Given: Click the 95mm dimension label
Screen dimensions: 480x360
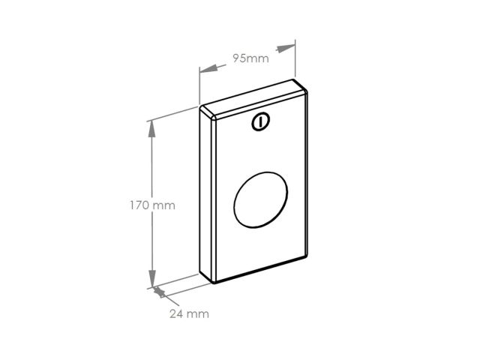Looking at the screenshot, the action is [250, 58].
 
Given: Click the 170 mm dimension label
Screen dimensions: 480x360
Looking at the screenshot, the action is [152, 205].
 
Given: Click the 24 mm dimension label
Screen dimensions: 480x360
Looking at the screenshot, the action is [189, 313].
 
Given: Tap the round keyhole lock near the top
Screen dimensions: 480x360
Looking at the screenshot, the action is [261, 121].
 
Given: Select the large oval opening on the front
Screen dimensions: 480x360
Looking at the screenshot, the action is [260, 200].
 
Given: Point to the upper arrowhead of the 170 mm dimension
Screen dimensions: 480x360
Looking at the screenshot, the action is [151, 128].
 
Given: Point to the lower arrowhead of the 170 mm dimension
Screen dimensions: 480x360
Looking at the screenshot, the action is [152, 278].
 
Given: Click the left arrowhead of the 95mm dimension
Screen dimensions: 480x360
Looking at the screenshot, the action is [208, 69].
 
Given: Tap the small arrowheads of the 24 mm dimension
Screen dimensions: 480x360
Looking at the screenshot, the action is [159, 292].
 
